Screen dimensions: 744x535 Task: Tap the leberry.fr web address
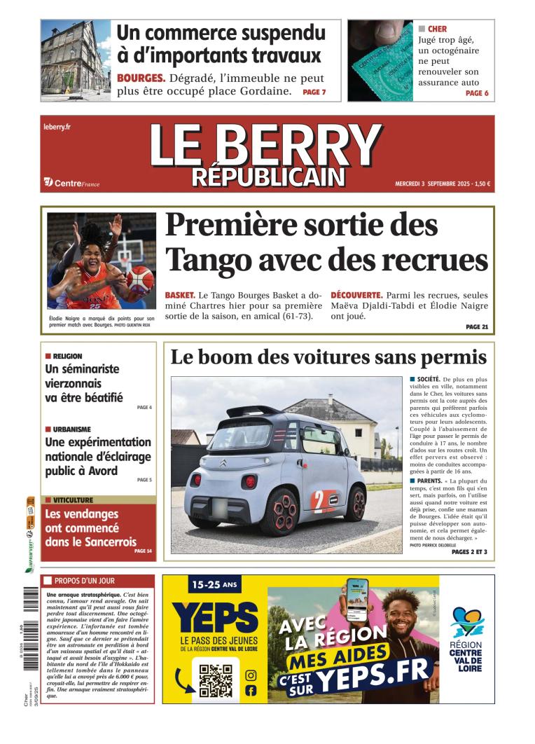click(57, 127)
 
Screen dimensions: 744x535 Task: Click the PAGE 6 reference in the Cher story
click(477, 93)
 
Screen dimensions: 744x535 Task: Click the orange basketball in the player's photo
click(139, 278)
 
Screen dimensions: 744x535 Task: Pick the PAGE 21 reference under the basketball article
click(477, 326)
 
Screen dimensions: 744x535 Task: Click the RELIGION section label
click(67, 356)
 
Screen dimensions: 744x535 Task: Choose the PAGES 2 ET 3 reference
click(469, 552)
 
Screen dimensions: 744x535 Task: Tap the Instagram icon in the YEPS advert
click(251, 675)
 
